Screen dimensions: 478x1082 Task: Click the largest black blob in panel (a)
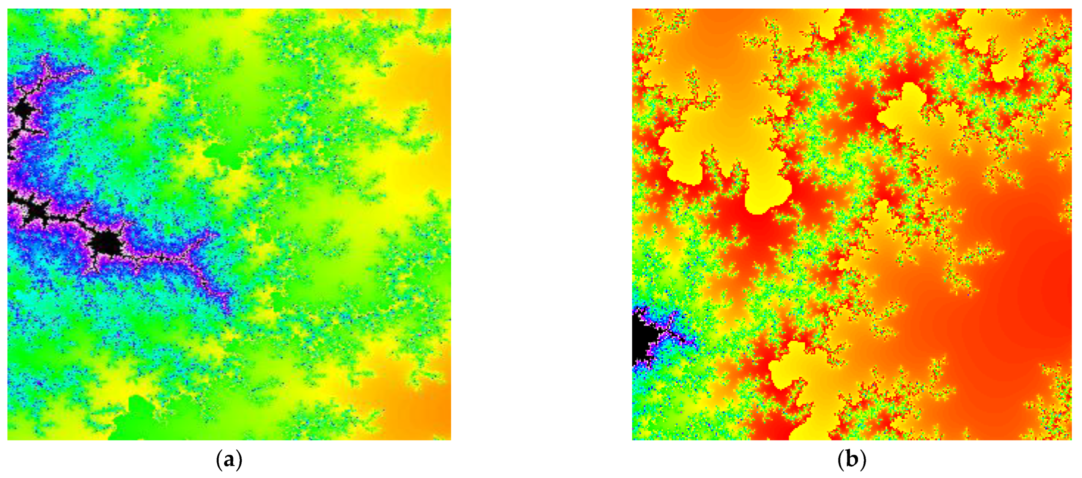106,243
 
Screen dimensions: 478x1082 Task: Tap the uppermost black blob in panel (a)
23,110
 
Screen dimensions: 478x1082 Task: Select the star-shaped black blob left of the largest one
37,214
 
